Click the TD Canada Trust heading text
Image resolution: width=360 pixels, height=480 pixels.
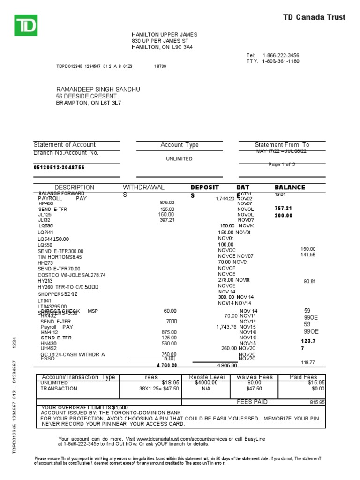[314, 17]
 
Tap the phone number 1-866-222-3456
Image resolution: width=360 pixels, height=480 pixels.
[281, 55]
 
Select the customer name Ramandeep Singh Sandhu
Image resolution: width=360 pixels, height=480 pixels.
[98, 89]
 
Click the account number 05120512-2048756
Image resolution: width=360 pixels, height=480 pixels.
[60, 167]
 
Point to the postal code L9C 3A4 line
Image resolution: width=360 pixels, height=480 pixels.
[162, 47]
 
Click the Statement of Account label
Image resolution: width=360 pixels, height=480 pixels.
[65, 145]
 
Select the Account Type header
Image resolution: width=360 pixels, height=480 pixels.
[180, 145]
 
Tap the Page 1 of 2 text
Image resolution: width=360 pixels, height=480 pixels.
[282, 165]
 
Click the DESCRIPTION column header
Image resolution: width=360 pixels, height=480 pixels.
[74, 187]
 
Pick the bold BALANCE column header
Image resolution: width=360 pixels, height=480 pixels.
[290, 187]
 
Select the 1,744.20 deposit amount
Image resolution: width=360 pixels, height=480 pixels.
[225, 199]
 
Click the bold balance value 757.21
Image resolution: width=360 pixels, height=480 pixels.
[283, 208]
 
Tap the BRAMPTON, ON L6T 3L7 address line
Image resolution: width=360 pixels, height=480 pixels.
[89, 103]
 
